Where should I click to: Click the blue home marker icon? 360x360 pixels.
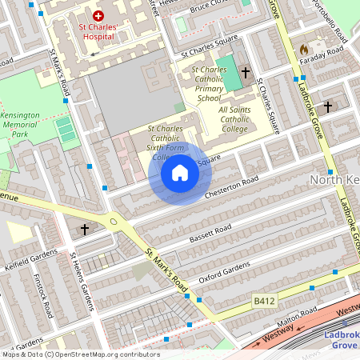[x=180, y=173]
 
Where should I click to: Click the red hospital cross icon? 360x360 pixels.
[x=98, y=16]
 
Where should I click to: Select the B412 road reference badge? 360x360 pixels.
[x=264, y=300]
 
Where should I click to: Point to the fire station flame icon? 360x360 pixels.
[x=304, y=50]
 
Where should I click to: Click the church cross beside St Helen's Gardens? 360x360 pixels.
[x=85, y=230]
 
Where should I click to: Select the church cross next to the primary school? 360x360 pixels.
[x=246, y=72]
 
